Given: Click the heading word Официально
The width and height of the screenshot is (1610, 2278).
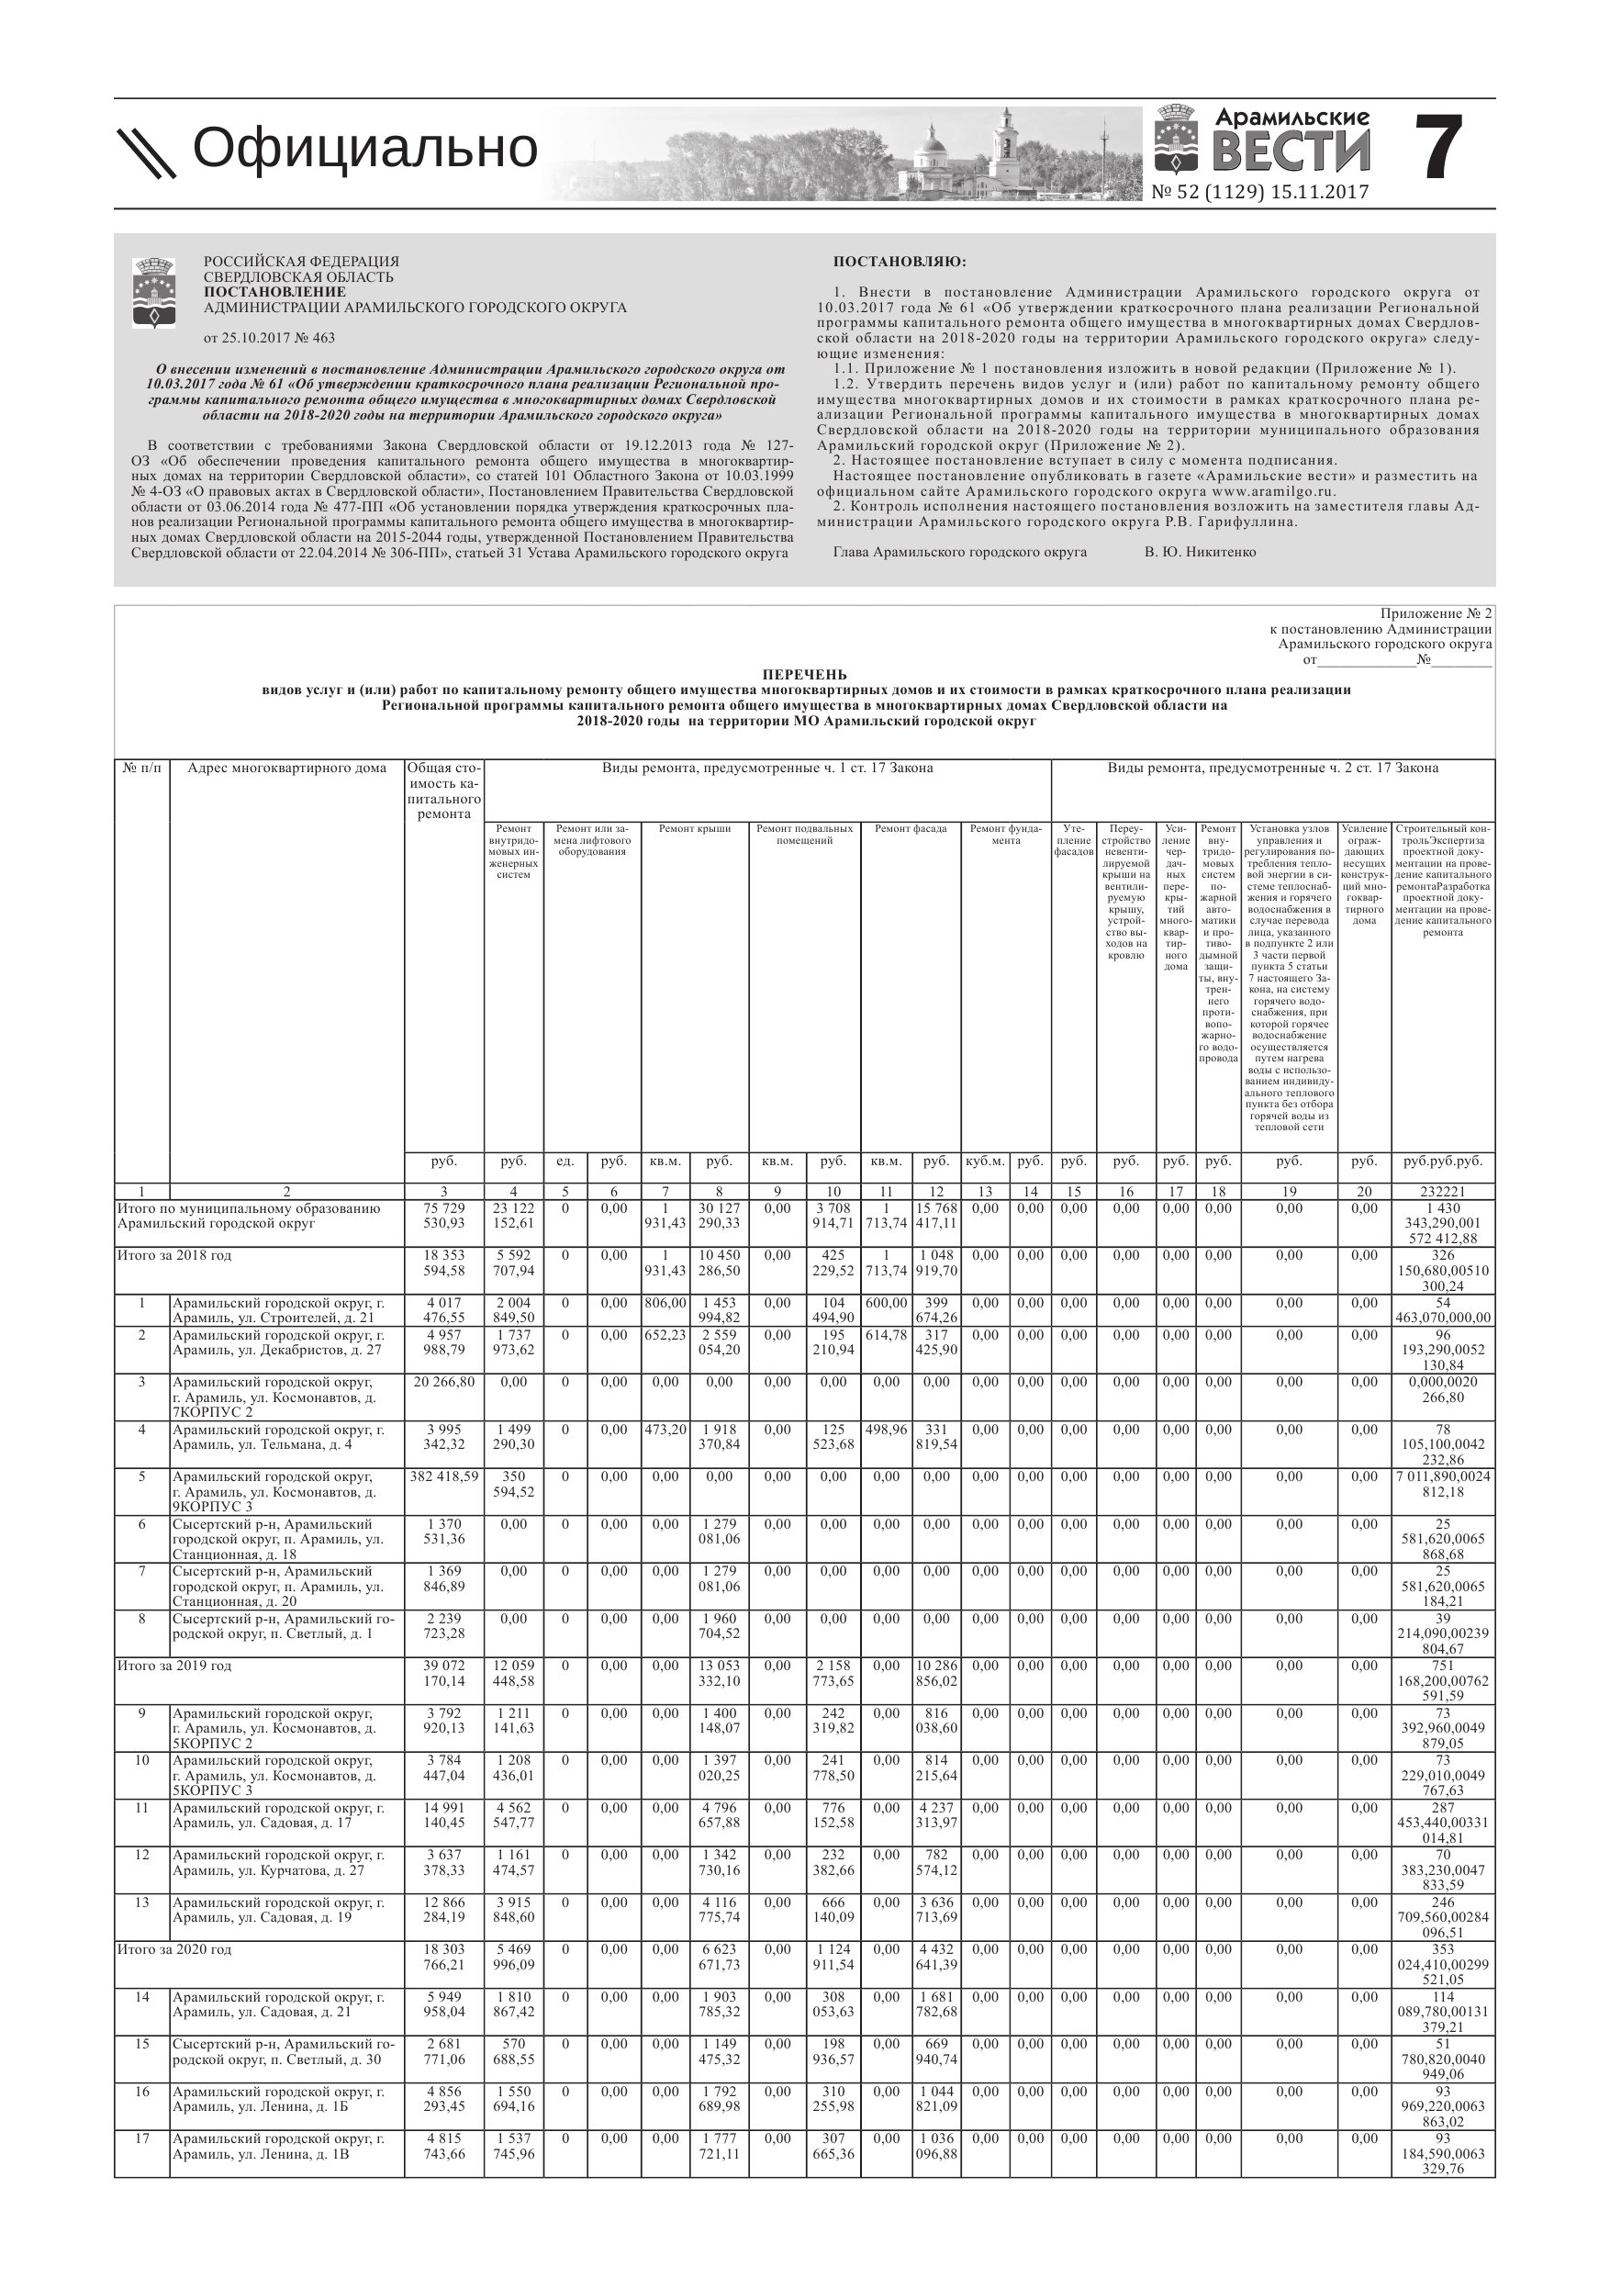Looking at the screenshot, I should (364, 149).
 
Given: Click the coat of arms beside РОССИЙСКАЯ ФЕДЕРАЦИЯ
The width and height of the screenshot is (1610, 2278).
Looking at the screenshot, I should (154, 293).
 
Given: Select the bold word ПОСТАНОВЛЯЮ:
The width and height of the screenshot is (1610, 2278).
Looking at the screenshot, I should (899, 262).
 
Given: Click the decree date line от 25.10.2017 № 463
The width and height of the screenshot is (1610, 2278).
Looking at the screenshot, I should (269, 337).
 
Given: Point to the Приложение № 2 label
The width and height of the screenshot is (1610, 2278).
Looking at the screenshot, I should (1436, 614).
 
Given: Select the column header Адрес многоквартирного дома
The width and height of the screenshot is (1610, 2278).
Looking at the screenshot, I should (286, 768).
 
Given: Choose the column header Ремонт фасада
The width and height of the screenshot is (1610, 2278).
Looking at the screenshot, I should (910, 828).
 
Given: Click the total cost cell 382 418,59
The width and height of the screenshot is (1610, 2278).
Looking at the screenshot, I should (443, 1476).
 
